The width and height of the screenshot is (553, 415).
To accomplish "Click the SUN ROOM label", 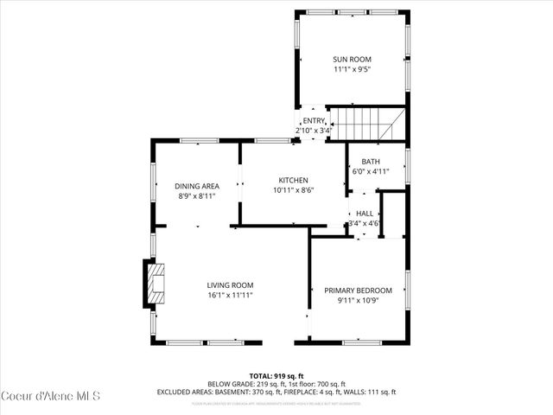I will pyautogui.click(x=352, y=60).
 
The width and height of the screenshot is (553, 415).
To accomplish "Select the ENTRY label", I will pyautogui.click(x=314, y=121).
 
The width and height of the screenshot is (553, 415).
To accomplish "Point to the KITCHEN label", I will pyautogui.click(x=293, y=180).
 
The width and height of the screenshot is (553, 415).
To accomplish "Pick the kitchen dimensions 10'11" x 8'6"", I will pyautogui.click(x=293, y=190).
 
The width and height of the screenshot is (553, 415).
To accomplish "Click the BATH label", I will pyautogui.click(x=370, y=162).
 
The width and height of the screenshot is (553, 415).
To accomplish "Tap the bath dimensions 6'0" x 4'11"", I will pyautogui.click(x=370, y=171).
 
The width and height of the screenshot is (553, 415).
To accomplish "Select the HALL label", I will pyautogui.click(x=364, y=213).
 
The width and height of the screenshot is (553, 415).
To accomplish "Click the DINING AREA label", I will pyautogui.click(x=197, y=186).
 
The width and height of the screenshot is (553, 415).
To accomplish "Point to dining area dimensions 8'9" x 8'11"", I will pyautogui.click(x=197, y=196).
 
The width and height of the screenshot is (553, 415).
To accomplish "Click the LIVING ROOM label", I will pyautogui.click(x=229, y=285).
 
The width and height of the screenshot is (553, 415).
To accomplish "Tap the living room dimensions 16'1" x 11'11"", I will pyautogui.click(x=229, y=296).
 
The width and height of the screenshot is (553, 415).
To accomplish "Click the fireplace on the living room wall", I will pyautogui.click(x=153, y=284).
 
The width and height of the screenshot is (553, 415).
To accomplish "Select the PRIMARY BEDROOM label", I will pyautogui.click(x=358, y=290).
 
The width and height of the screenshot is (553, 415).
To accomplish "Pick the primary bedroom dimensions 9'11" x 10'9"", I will pyautogui.click(x=358, y=301).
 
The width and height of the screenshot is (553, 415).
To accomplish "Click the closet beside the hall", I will pyautogui.click(x=393, y=214).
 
